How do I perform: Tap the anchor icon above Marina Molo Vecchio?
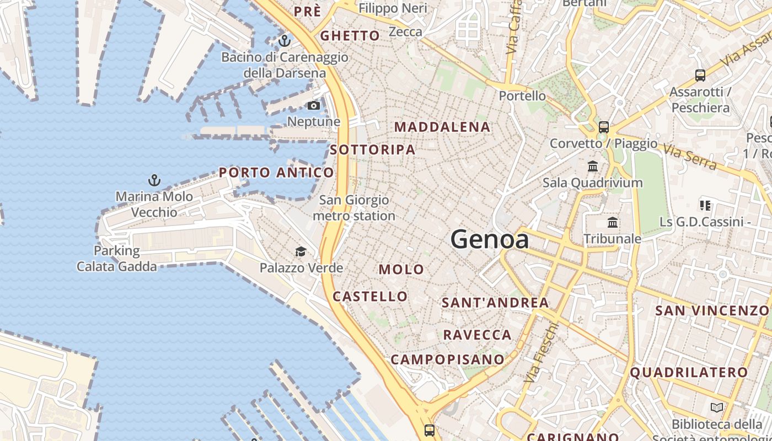(154, 180)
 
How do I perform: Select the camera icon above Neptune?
(314, 105)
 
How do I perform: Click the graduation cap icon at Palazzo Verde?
(301, 252)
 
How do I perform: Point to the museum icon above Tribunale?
(612, 223)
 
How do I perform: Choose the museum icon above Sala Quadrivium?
(593, 166)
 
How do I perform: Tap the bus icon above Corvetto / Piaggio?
(604, 127)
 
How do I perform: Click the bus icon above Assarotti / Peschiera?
(700, 76)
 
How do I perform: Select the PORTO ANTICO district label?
(276, 173)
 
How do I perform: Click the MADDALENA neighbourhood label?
(442, 127)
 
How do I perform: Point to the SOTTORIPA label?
(373, 149)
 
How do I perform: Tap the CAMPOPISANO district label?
(447, 359)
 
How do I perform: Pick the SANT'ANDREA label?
(495, 302)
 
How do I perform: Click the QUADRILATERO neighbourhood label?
(689, 372)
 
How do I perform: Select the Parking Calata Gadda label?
(117, 259)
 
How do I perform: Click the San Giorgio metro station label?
(354, 208)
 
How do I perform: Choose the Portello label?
(522, 96)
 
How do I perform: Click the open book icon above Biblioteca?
(717, 408)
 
